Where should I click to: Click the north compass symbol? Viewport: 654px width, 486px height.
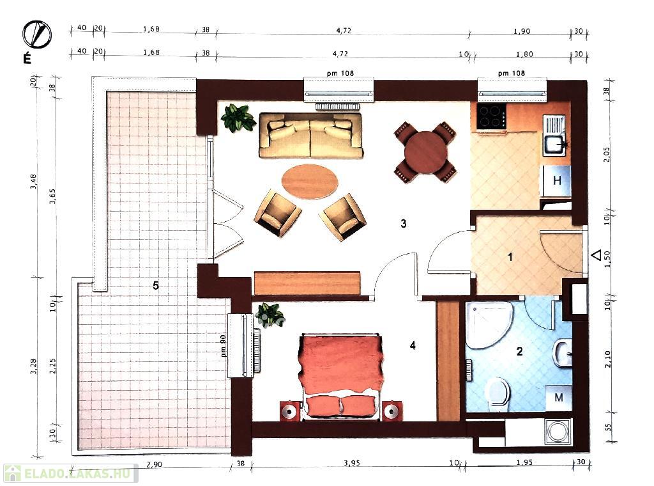(x=36, y=35)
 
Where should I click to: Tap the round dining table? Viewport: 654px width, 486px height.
(x=425, y=152)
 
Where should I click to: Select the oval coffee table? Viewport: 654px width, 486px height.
(x=309, y=182)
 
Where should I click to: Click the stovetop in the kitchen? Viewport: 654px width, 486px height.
(x=491, y=116)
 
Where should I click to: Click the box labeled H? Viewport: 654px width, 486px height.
(x=556, y=180)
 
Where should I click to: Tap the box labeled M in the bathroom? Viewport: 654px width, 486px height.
(x=558, y=398)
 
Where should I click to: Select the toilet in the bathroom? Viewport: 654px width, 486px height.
(x=498, y=391)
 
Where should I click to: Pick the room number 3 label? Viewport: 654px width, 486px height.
(x=404, y=224)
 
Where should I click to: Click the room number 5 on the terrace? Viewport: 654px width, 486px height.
(x=156, y=286)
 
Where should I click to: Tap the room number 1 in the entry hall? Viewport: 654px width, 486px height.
(x=510, y=257)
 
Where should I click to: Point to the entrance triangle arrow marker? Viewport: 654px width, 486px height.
(x=597, y=255)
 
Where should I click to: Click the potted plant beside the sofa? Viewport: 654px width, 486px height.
(x=238, y=117)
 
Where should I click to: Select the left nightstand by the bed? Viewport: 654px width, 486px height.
(x=291, y=411)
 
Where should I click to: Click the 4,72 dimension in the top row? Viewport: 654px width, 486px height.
(x=343, y=31)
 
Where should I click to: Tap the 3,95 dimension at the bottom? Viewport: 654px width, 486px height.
(x=352, y=462)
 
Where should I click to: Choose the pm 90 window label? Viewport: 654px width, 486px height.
(x=223, y=346)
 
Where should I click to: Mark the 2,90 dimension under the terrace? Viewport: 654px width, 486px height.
(x=154, y=464)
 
